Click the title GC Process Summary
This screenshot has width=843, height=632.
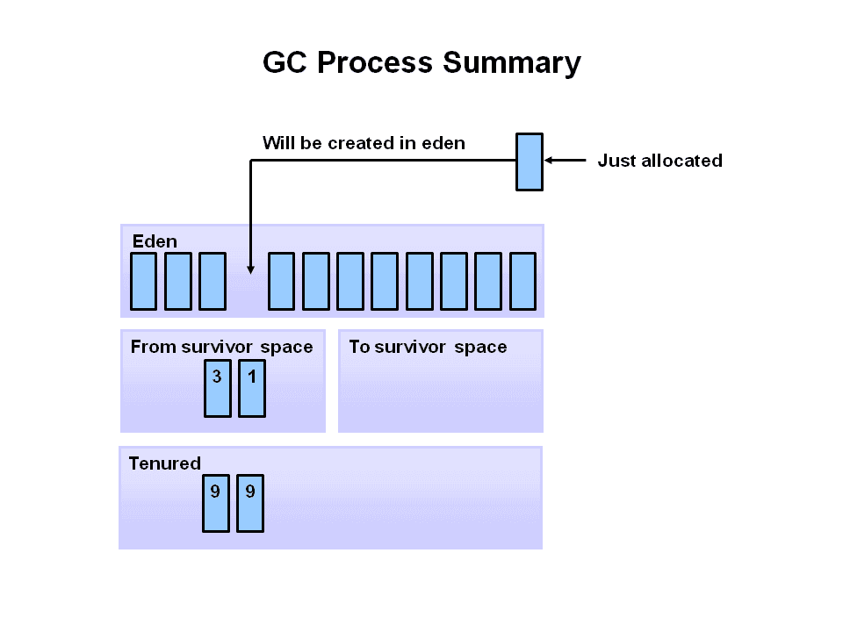[x=421, y=63]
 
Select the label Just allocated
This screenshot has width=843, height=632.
[x=659, y=161]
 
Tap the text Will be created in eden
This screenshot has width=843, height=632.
[x=364, y=143]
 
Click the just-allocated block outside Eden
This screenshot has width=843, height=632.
[x=529, y=162]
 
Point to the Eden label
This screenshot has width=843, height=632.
[x=155, y=241]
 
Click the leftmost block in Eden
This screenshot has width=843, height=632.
[x=143, y=281]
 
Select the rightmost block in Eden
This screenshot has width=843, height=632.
[x=522, y=281]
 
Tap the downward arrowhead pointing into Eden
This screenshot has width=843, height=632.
[x=251, y=269]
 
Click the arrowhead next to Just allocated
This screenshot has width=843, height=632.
[x=551, y=161]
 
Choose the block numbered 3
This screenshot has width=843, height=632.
[x=217, y=387]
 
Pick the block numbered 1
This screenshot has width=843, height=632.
[x=252, y=387]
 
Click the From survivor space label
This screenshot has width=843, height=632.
[x=221, y=347]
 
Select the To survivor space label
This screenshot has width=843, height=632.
[x=428, y=347]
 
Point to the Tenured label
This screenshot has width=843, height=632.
[x=164, y=463]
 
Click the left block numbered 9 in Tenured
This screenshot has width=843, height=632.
[x=215, y=503]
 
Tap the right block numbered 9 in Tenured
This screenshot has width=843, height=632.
[x=250, y=503]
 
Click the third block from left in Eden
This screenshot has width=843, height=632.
[x=213, y=281]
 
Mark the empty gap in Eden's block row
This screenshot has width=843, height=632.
[x=247, y=290]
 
